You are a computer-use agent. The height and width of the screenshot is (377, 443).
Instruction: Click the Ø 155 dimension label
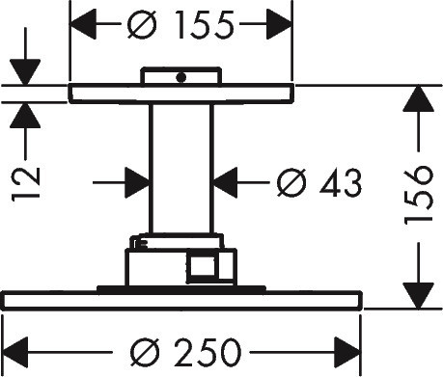pyautogui.click(x=180, y=25)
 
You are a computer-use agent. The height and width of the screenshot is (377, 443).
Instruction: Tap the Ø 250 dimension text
pyautogui.click(x=185, y=352)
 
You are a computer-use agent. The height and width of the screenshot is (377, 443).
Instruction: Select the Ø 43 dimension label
pyautogui.click(x=319, y=182)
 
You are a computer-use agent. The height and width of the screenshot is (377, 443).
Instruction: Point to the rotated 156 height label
pyautogui.click(x=418, y=196)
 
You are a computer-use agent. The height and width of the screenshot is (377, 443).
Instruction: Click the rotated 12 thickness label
pyautogui.click(x=26, y=184)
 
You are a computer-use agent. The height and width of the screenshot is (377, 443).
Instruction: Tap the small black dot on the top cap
pyautogui.click(x=181, y=77)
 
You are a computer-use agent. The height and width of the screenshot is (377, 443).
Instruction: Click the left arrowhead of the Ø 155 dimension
pyautogui.click(x=83, y=24)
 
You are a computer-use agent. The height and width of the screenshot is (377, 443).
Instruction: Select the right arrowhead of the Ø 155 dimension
pyautogui.click(x=279, y=24)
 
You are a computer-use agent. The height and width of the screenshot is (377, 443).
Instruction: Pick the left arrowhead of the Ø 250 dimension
pyautogui.click(x=15, y=352)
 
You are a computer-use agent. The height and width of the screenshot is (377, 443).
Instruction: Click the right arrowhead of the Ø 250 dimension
pyautogui.click(x=347, y=352)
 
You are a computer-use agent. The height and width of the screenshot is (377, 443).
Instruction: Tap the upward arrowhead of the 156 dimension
pyautogui.click(x=418, y=98)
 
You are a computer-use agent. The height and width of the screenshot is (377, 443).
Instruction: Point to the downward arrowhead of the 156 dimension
pyautogui.click(x=418, y=296)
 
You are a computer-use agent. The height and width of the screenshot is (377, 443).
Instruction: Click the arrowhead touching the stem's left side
pyautogui.click(x=138, y=182)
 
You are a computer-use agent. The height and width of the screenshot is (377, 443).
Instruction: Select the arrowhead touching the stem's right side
pyautogui.click(x=225, y=182)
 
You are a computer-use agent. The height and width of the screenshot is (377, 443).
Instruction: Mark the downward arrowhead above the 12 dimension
pyautogui.click(x=25, y=72)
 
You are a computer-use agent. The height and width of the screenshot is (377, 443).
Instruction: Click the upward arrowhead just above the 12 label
pyautogui.click(x=25, y=115)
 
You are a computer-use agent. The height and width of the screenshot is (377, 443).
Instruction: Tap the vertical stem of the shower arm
pyautogui.click(x=181, y=168)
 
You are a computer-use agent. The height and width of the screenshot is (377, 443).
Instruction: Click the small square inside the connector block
pyautogui.click(x=203, y=266)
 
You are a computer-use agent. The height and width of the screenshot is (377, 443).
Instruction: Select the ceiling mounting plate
pyautogui.click(x=181, y=94)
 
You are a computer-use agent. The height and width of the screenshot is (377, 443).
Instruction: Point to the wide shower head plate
pyautogui.click(x=182, y=301)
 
